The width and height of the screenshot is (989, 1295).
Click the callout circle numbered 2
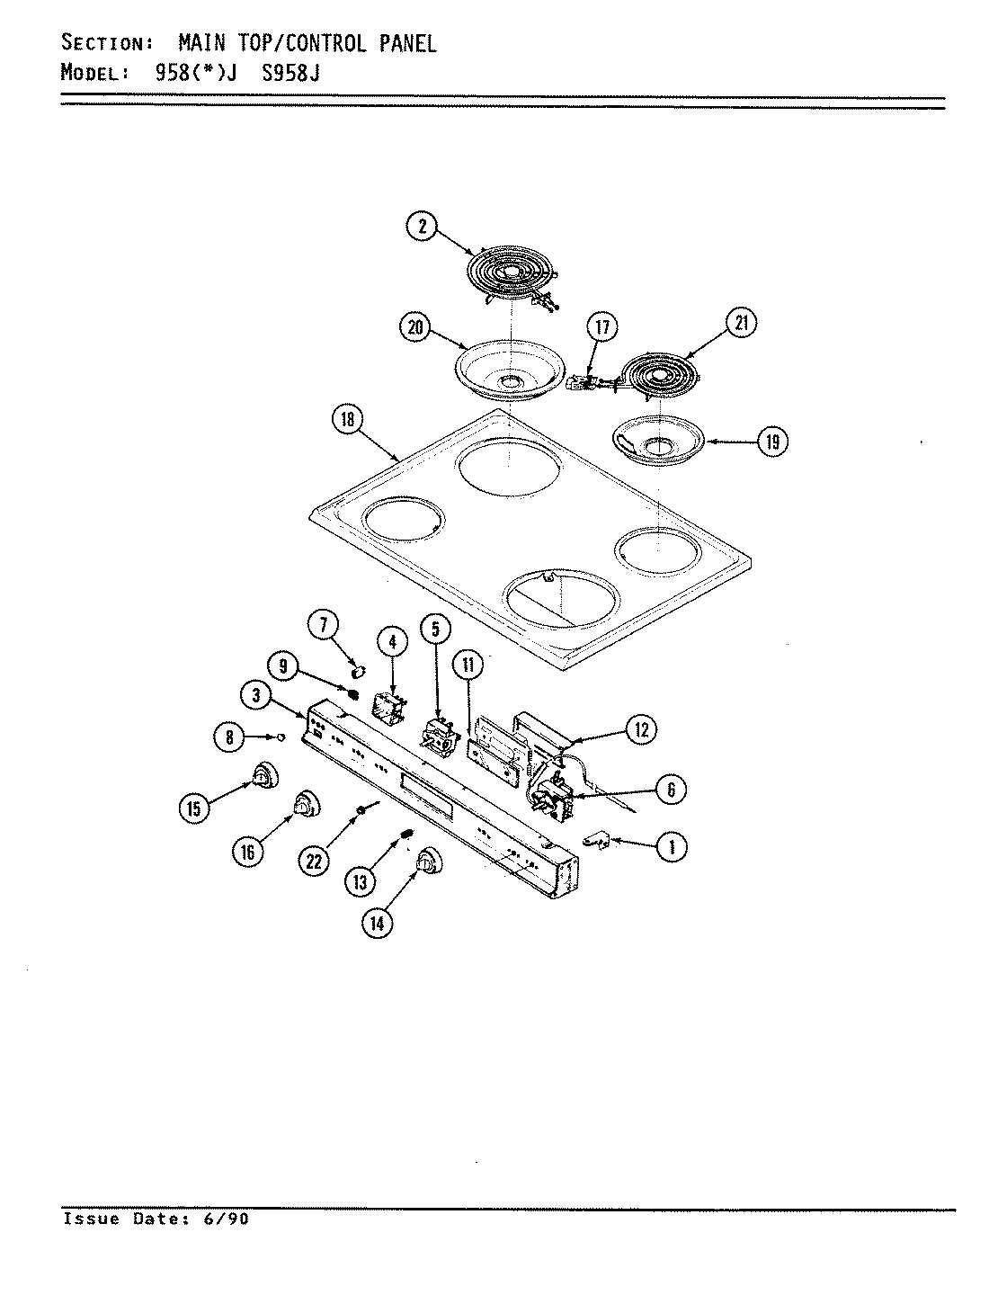421,227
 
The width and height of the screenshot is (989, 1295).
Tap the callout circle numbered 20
415,328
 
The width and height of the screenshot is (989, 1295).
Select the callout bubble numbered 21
741,324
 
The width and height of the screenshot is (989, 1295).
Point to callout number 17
602,328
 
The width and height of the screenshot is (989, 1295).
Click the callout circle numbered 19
771,442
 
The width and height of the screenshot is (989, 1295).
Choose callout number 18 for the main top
346,419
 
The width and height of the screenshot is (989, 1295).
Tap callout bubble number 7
322,622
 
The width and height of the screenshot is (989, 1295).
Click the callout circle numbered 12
640,729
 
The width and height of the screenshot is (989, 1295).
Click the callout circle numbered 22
313,861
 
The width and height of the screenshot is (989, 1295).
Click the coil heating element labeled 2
508,271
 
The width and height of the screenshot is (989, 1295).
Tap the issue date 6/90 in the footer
229,1219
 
